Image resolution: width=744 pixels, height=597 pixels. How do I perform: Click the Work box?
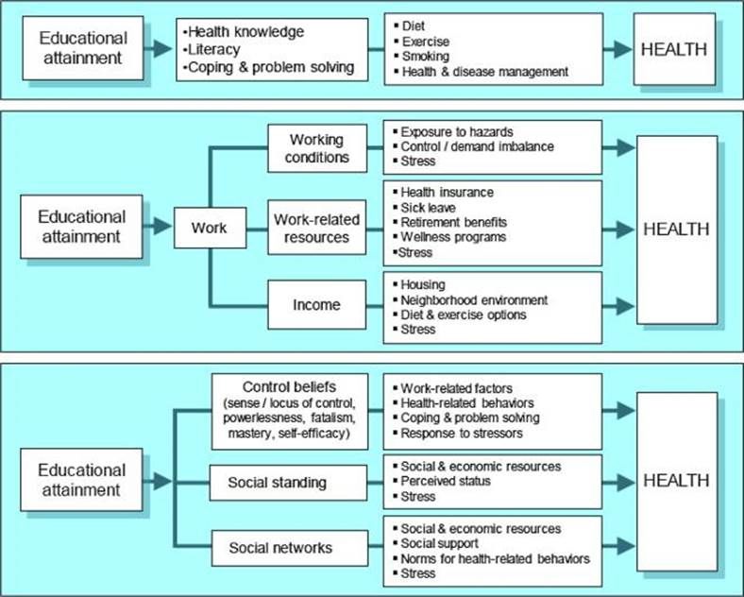click(210, 229)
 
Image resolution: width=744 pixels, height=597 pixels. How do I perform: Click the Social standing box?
click(277, 483)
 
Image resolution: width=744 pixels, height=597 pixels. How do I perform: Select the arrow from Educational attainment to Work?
click(160, 229)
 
